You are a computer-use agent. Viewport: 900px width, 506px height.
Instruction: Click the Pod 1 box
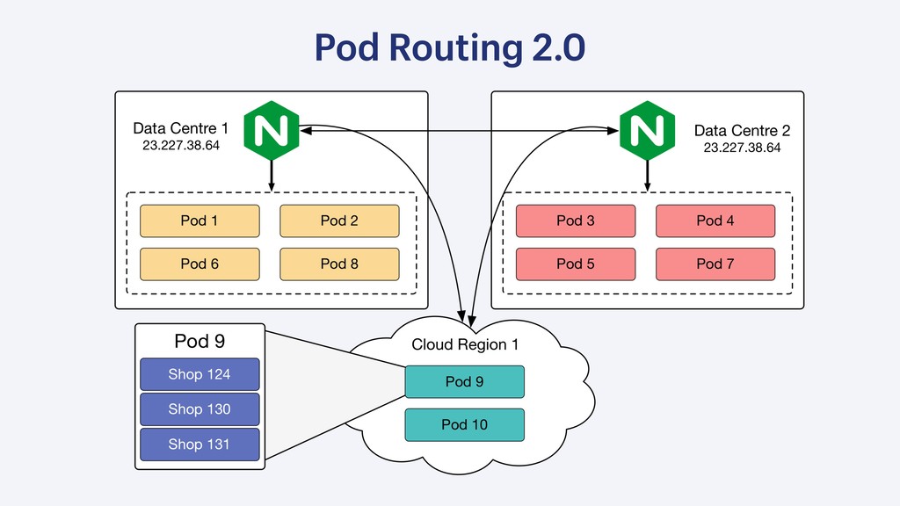[200, 220]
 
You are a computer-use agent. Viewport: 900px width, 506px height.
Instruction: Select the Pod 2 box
[339, 220]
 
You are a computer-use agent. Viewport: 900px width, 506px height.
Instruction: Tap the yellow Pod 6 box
[200, 264]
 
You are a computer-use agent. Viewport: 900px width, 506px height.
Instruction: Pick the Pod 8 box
[339, 264]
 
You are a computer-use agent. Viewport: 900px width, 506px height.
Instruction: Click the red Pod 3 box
[576, 220]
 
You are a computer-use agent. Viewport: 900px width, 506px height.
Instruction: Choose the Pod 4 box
[715, 220]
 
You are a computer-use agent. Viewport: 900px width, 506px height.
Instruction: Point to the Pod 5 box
[576, 264]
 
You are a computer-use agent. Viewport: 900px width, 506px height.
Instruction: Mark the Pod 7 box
[715, 264]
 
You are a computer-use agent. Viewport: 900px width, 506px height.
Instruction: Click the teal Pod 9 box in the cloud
[464, 381]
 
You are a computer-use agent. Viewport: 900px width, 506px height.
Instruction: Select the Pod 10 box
[464, 424]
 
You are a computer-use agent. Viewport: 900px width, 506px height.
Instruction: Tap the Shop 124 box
[200, 374]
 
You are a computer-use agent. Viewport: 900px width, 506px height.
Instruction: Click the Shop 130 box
[200, 409]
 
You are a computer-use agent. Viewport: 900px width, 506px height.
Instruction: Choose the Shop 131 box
[200, 444]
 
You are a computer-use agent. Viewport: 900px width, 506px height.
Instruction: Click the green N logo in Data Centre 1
[272, 130]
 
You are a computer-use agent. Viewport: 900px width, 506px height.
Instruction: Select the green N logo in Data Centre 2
[648, 130]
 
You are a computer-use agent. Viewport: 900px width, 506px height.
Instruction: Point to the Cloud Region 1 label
[465, 344]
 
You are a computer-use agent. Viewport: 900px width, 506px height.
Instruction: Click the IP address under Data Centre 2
[742, 148]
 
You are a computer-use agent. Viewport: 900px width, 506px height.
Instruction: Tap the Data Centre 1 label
[181, 128]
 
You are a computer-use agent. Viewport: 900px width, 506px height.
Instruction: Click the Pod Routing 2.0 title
[450, 47]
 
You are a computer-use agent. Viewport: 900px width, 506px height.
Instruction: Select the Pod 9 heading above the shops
[200, 342]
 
